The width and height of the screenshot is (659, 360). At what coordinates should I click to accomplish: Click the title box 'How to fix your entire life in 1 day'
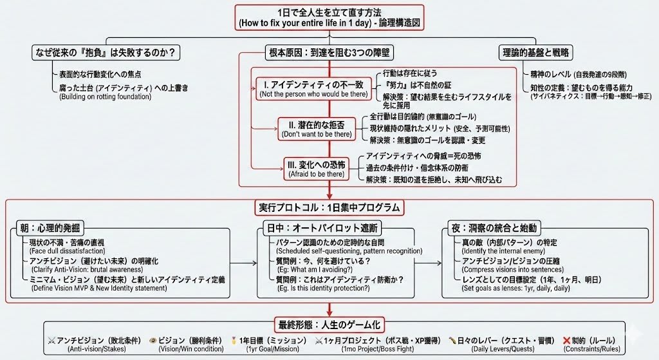pyautogui.click(x=329, y=17)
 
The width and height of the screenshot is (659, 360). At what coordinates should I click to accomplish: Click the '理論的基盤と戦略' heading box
pyautogui.click(x=537, y=53)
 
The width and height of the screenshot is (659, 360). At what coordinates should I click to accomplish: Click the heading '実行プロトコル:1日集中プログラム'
pyautogui.click(x=328, y=208)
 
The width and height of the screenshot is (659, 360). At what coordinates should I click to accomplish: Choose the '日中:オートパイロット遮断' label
pyautogui.click(x=321, y=229)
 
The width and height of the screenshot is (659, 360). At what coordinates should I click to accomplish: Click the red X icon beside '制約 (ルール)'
pyautogui.click(x=567, y=340)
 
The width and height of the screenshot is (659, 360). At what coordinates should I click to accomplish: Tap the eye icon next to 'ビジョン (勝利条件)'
pyautogui.click(x=153, y=340)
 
